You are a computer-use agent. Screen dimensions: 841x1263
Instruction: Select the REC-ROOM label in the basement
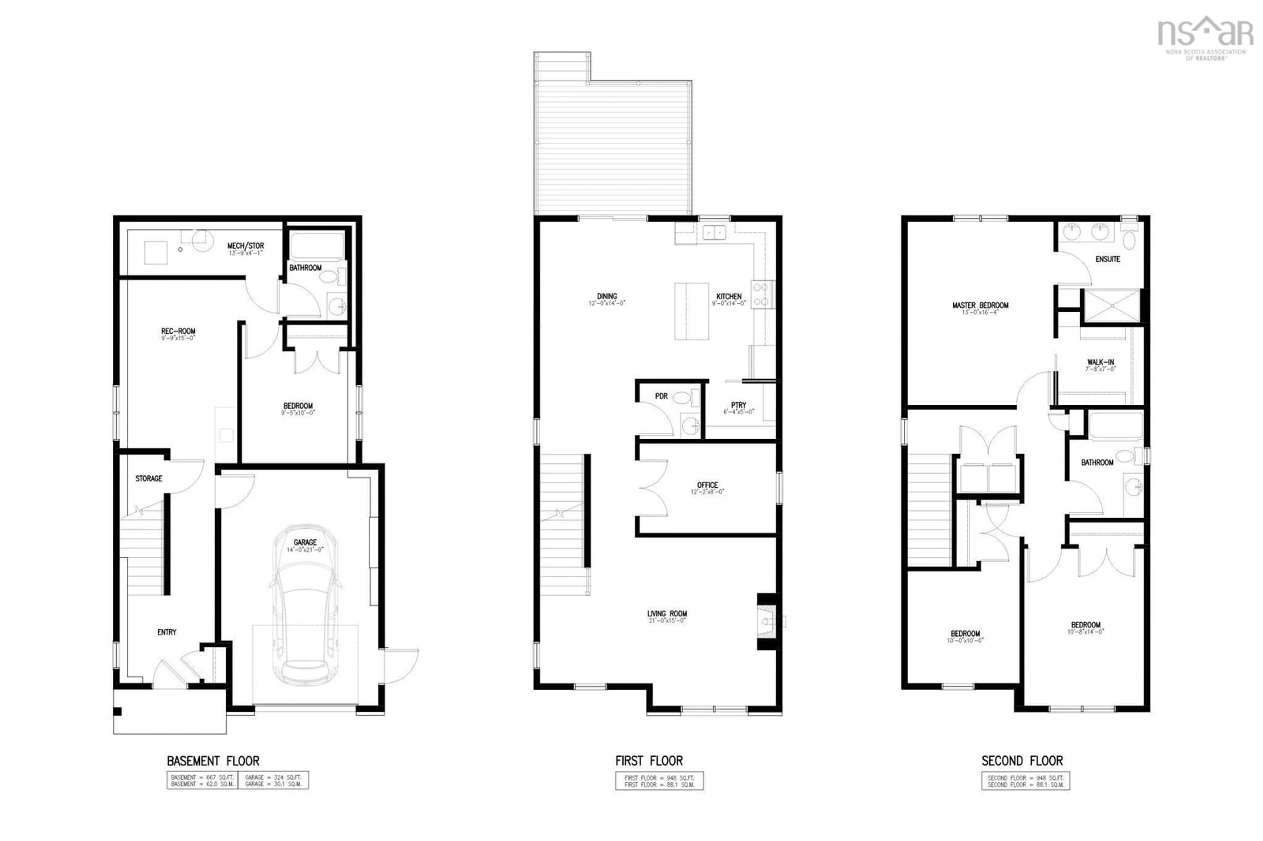tap(178, 331)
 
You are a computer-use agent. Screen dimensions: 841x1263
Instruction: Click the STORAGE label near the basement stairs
tap(149, 478)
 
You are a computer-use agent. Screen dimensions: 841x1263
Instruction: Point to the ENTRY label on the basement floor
tap(166, 632)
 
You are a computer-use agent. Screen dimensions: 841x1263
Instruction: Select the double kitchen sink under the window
tap(714, 232)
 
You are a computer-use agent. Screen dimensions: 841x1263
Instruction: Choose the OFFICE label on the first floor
tap(707, 485)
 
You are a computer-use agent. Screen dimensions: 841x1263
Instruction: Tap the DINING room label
tap(607, 296)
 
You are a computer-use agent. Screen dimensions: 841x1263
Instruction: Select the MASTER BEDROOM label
tap(980, 305)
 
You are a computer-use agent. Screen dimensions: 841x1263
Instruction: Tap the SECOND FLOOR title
tap(1022, 760)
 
